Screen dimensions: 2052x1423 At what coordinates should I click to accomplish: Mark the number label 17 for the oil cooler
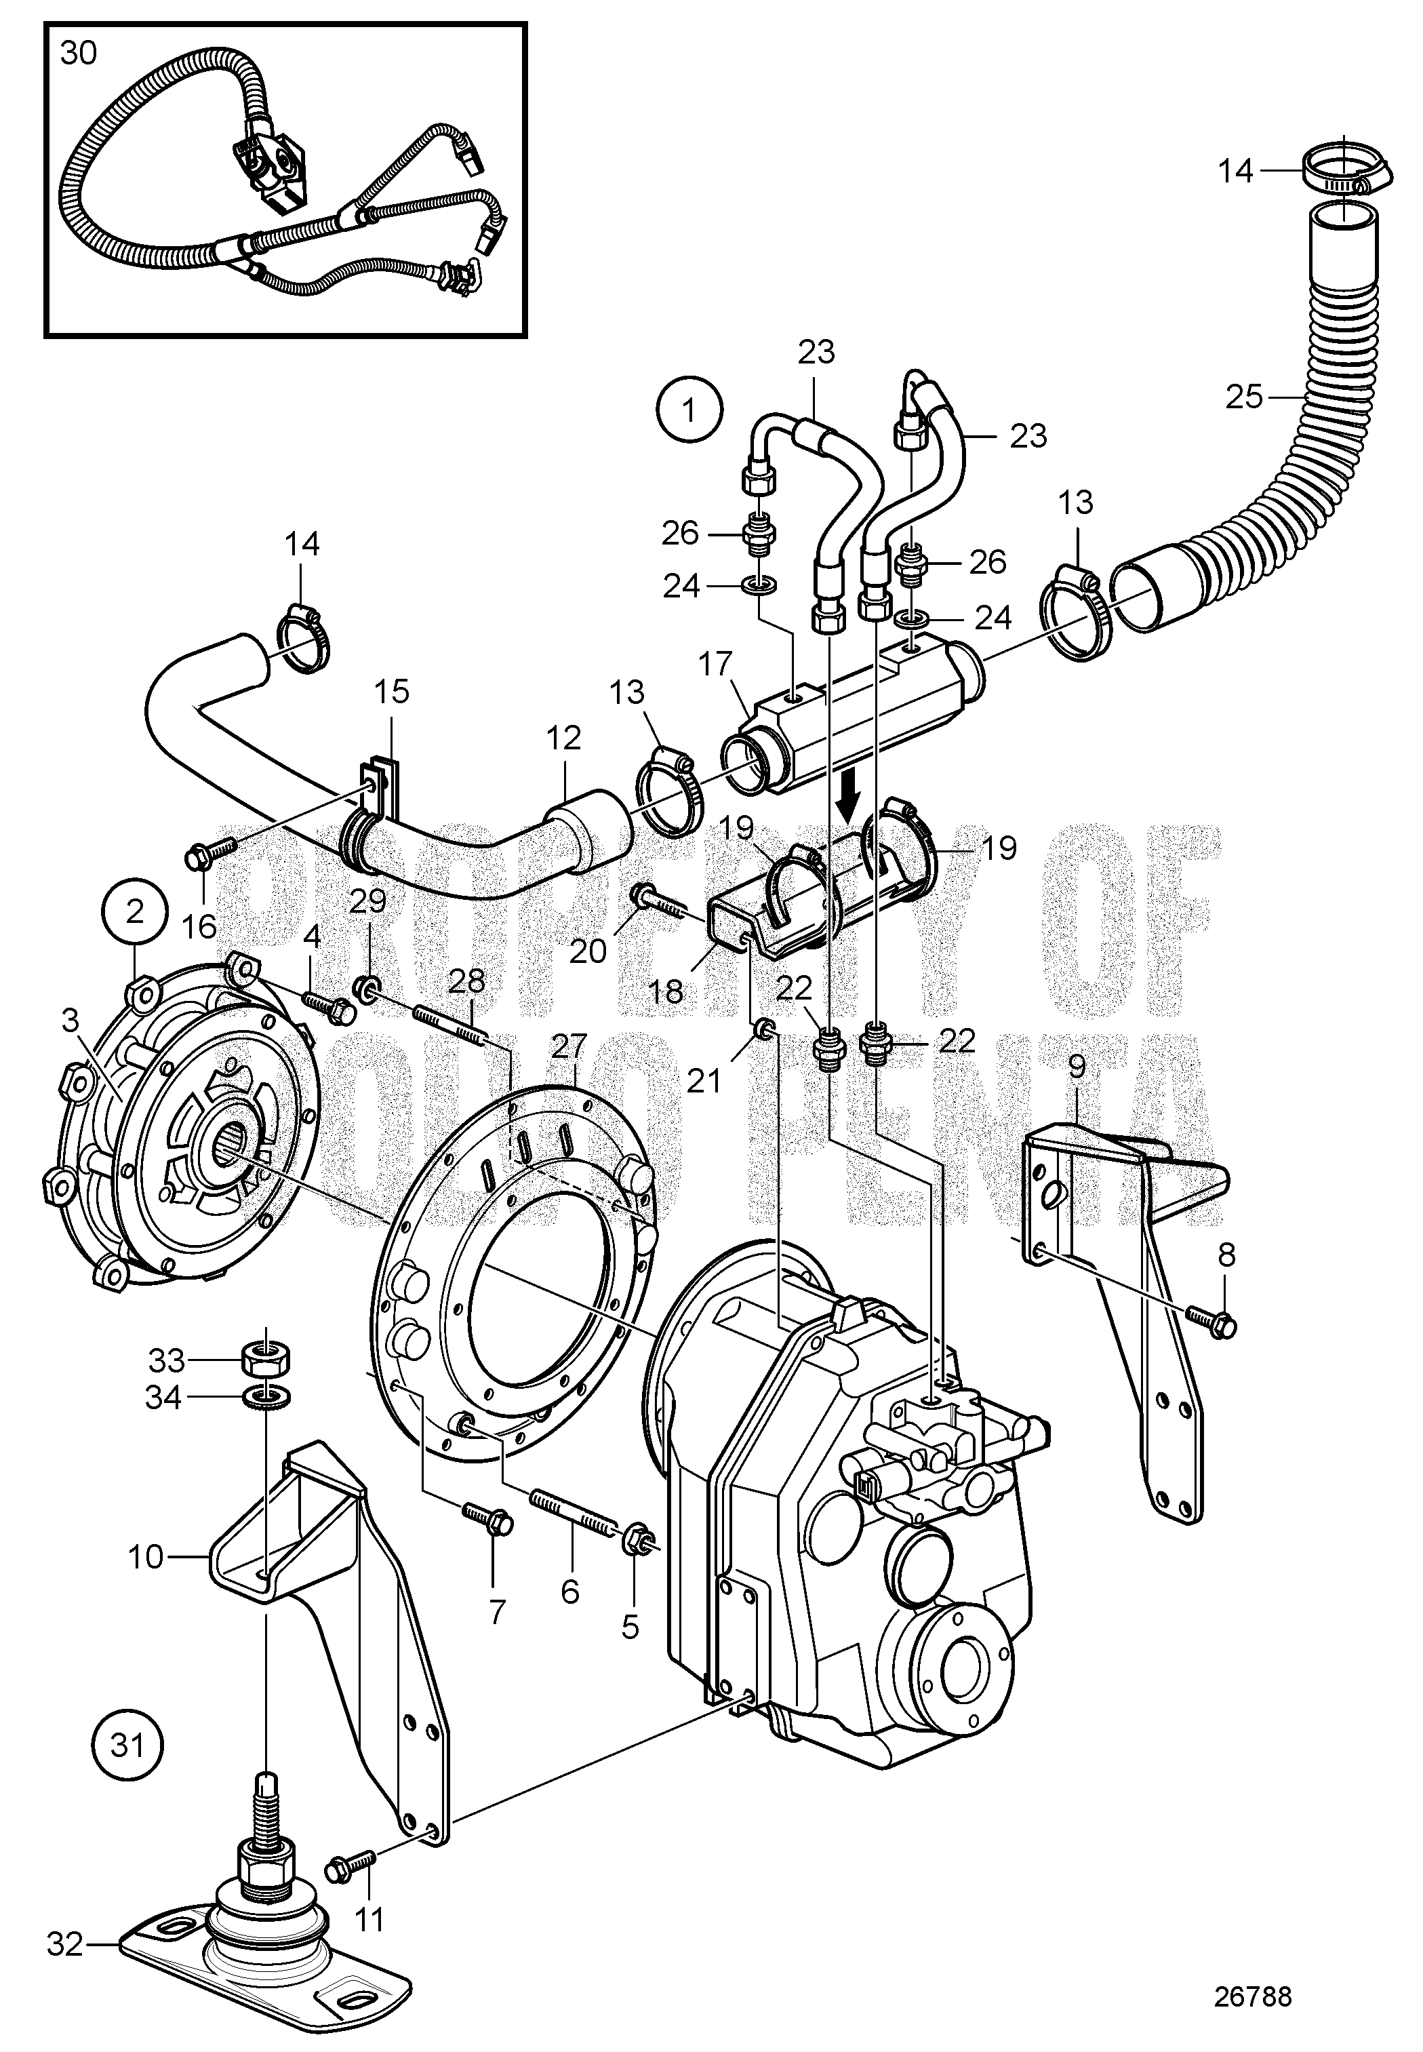point(716,665)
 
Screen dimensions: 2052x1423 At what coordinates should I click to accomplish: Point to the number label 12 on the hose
point(563,738)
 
